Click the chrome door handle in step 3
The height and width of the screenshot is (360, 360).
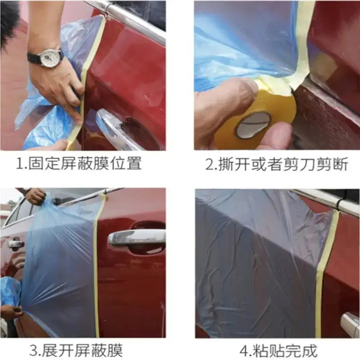137,238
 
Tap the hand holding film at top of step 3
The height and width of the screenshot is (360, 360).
35,196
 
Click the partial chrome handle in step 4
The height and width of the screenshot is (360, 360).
351,323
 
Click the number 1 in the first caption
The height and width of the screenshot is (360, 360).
19,164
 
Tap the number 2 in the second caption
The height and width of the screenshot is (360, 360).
209,164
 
